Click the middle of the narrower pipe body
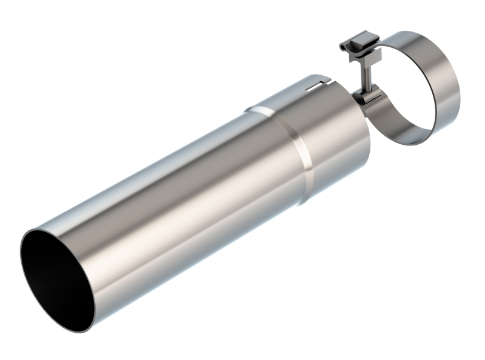[182, 200]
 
